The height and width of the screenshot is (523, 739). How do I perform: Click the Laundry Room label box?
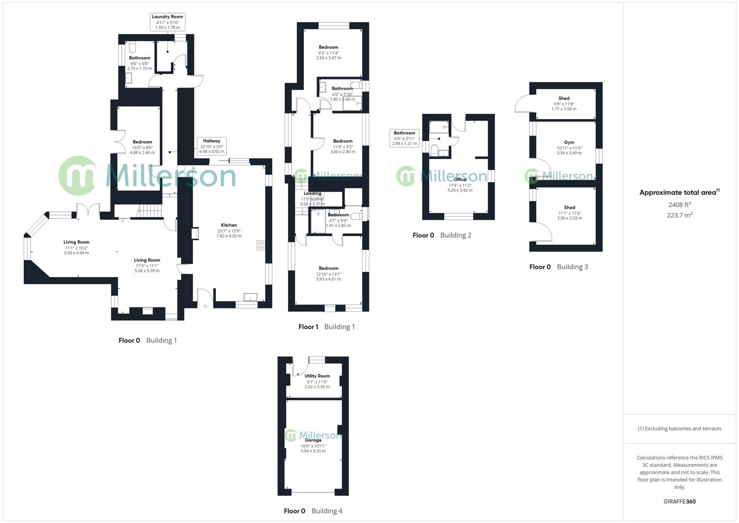click(x=167, y=22)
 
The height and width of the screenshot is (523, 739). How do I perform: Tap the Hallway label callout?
click(x=211, y=146)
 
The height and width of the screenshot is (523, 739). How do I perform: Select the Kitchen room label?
click(x=229, y=225)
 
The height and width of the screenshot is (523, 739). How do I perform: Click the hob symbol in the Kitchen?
click(x=261, y=246)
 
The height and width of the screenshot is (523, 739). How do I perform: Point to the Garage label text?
click(x=313, y=440)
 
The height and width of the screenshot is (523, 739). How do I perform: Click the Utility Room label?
click(x=317, y=376)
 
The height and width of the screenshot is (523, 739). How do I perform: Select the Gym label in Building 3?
click(x=569, y=143)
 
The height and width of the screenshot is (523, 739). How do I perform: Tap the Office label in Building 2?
click(x=460, y=180)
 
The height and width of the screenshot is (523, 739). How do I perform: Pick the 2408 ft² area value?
click(x=679, y=205)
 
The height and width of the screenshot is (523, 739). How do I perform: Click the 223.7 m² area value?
click(x=679, y=215)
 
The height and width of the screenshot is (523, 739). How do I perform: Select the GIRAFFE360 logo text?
click(x=679, y=502)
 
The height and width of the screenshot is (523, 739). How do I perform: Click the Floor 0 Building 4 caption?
click(x=313, y=511)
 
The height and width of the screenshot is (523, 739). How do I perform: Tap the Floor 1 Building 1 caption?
click(x=327, y=327)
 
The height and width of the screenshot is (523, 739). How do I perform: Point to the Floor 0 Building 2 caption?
click(x=442, y=235)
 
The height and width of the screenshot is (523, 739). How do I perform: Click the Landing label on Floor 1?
click(x=312, y=194)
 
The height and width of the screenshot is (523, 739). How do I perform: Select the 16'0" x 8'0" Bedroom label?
click(x=142, y=147)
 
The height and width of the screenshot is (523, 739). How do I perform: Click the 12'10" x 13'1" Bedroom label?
click(x=329, y=274)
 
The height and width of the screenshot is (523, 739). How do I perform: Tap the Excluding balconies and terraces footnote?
click(x=679, y=429)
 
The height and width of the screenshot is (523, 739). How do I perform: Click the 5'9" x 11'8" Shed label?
click(x=564, y=103)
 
